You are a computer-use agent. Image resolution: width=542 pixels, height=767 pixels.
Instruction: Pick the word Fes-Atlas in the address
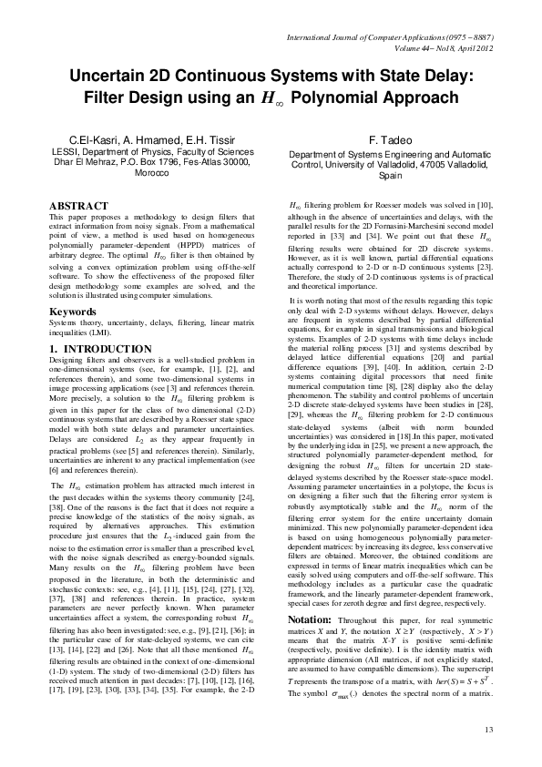click(194, 162)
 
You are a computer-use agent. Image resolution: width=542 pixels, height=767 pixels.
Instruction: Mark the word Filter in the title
click(108, 97)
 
